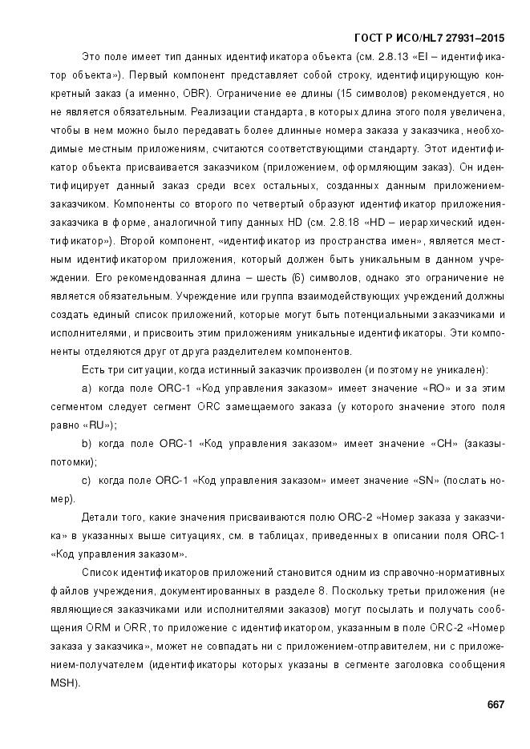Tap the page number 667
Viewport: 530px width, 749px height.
495,705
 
